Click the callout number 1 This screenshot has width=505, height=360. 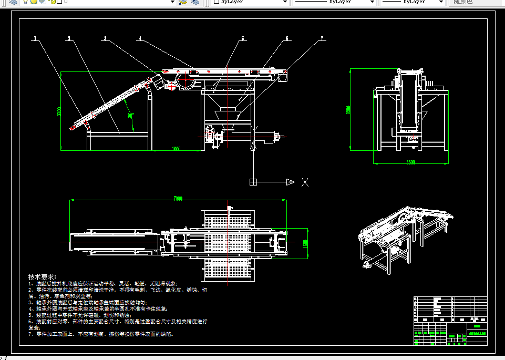pos(35,38)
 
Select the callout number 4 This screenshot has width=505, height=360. pos(140,38)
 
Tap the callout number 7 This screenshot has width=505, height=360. pos(322,38)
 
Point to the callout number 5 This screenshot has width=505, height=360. pos(243,38)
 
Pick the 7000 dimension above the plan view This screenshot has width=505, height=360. pos(177,199)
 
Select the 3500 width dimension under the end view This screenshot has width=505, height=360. pos(410,162)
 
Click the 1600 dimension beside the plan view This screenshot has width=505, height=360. pos(304,244)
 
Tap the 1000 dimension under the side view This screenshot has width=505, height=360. pos(176,149)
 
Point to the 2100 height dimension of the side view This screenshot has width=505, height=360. pos(59,111)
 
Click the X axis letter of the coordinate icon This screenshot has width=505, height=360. pos(305,182)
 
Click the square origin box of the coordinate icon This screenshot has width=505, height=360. pos(253,182)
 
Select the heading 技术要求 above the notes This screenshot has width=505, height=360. pos(42,277)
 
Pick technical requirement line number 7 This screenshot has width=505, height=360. pos(100,334)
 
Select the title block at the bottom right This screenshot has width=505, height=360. pos(450,321)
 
